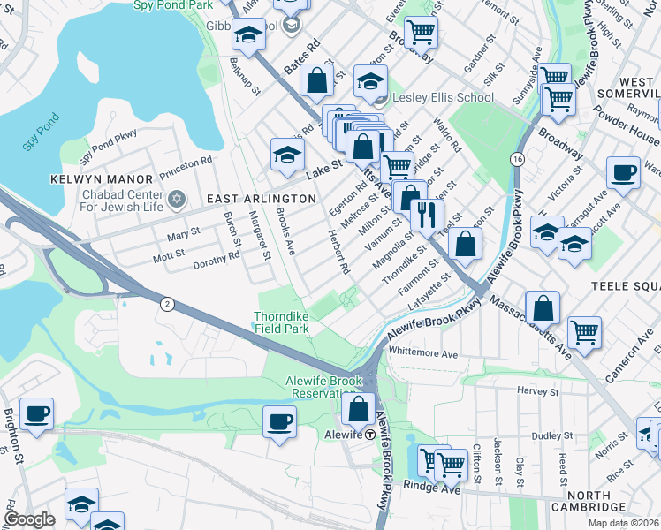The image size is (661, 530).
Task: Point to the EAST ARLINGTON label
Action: (251, 200)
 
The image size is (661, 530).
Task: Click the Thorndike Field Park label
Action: (282, 322)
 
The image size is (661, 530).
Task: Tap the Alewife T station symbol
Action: (369, 434)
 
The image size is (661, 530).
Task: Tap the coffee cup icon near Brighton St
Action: (36, 413)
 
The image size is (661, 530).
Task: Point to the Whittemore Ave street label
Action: (424, 352)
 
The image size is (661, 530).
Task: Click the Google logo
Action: (29, 519)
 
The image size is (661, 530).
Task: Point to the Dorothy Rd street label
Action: (217, 256)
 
